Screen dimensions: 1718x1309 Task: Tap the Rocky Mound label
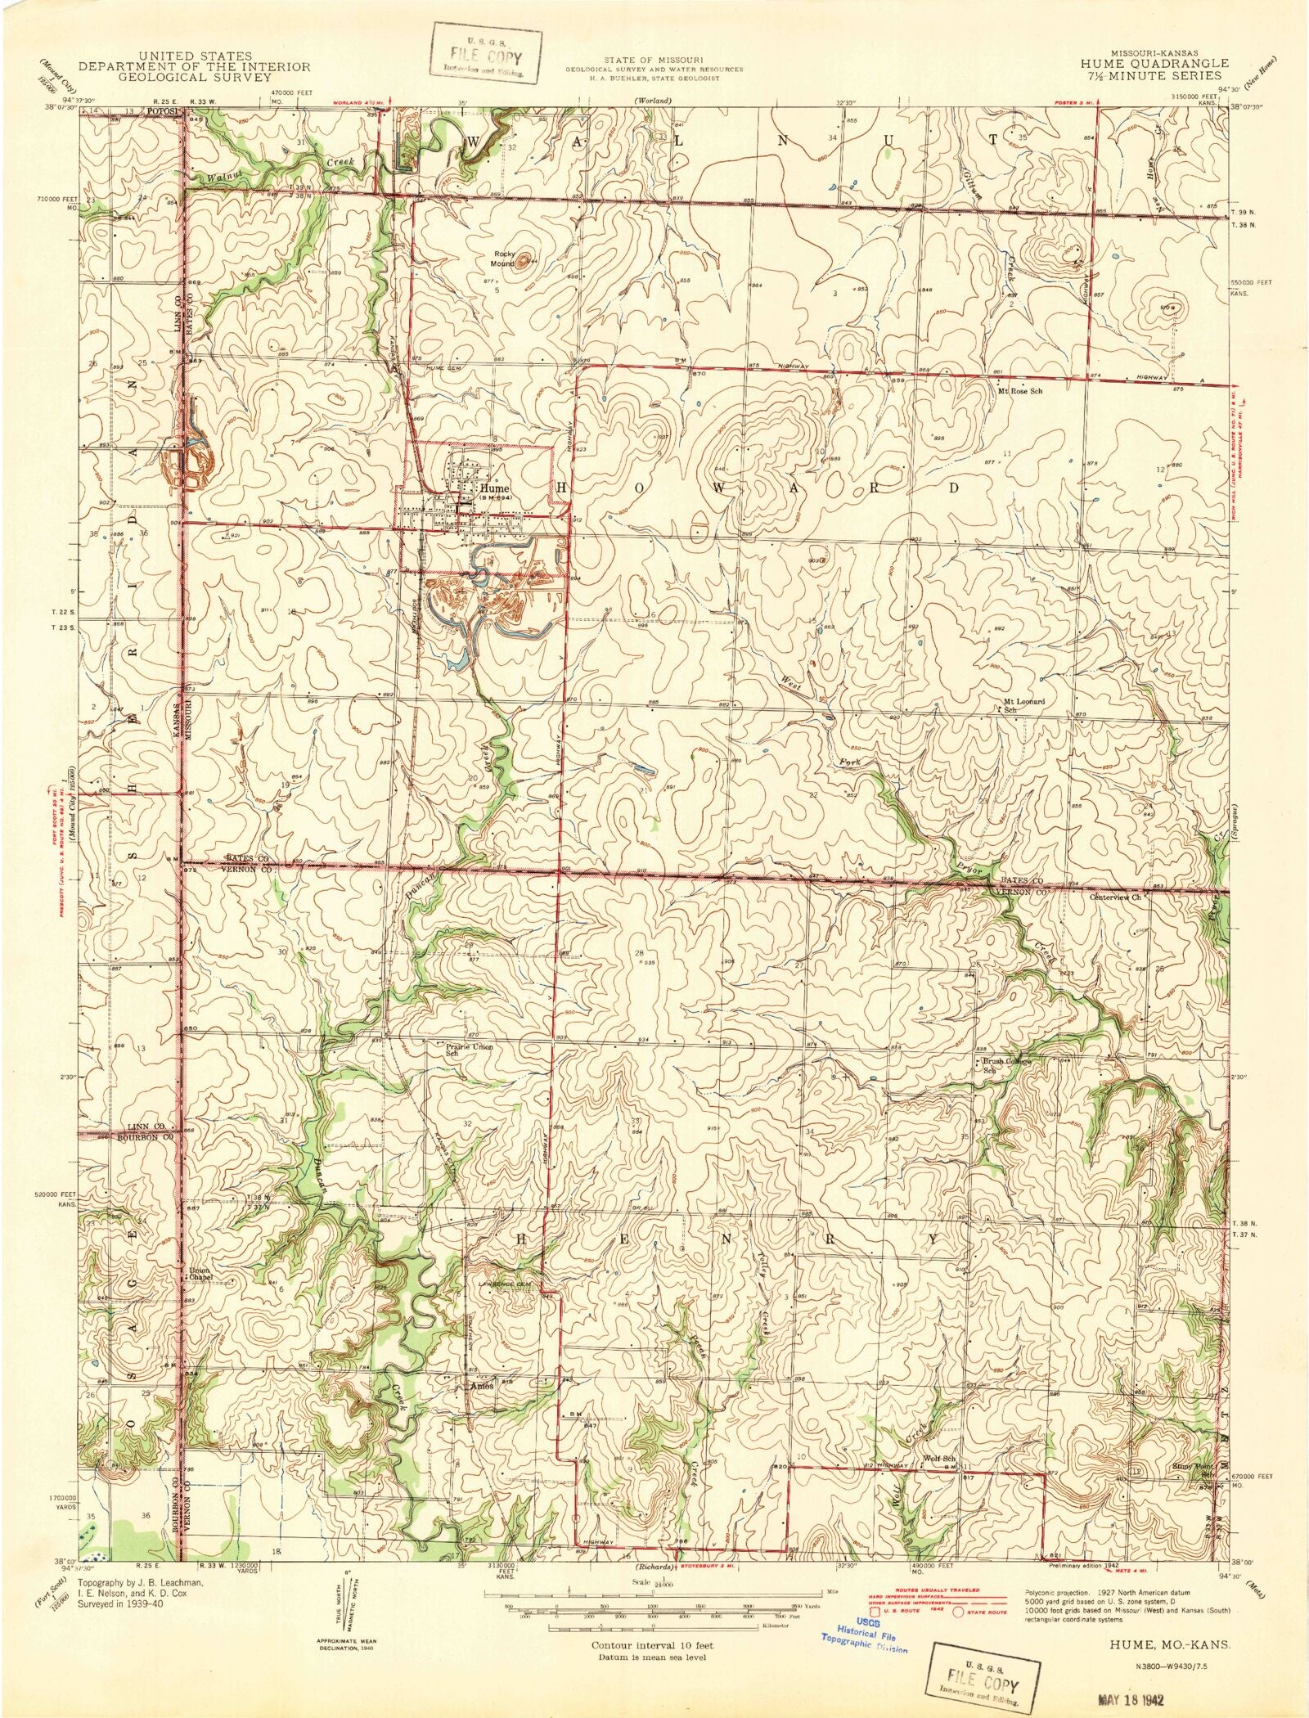(502, 259)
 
